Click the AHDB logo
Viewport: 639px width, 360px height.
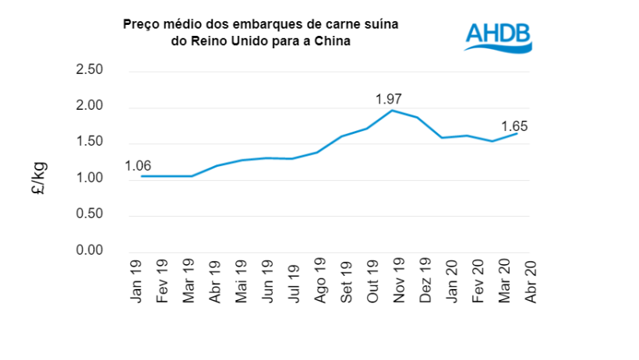click(497, 37)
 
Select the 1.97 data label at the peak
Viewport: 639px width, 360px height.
click(389, 99)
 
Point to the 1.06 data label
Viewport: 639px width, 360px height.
click(139, 165)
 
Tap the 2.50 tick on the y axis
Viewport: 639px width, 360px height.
click(89, 71)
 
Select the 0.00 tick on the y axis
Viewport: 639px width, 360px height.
click(89, 251)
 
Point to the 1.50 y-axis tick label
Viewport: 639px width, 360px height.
click(89, 143)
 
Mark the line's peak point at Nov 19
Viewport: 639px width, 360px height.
click(392, 110)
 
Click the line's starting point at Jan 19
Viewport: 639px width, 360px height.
click(141, 176)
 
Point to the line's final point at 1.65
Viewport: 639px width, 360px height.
click(517, 133)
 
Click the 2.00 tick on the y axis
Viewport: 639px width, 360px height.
click(89, 107)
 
